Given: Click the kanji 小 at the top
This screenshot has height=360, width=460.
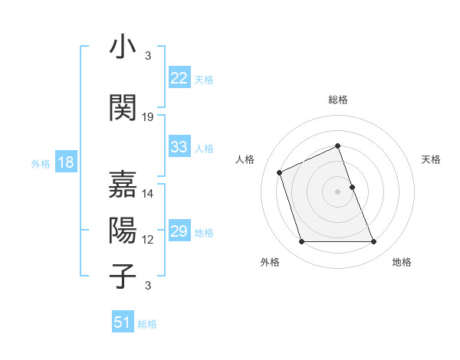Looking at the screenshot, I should tap(123, 48).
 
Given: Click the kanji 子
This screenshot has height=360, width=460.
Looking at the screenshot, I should tap(123, 277).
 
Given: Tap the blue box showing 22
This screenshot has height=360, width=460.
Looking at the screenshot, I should tap(179, 77).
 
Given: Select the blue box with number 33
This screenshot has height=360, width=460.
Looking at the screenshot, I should tap(179, 147).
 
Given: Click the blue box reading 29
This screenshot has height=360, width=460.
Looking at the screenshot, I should tap(179, 231).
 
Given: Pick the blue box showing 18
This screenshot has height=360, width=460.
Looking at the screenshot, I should tap(65, 162).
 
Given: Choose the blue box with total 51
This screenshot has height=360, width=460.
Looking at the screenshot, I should tap(123, 322).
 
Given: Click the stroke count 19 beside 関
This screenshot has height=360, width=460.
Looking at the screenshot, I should tap(148, 117).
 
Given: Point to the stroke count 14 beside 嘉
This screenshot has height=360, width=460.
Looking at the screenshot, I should tap(148, 194).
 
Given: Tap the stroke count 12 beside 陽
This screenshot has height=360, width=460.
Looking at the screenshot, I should tap(148, 240).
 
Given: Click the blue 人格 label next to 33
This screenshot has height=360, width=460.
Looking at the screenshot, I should tap(204, 148).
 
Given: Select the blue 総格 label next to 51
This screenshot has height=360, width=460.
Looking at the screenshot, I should tap(147, 324).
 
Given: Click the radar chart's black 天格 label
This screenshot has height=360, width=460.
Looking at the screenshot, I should tap(431, 159).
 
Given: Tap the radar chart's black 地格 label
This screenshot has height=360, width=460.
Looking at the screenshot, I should tap(402, 262).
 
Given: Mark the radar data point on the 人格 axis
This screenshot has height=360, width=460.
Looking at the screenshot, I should tap(280, 172).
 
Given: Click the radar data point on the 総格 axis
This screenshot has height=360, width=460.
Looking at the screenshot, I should tap(337, 146).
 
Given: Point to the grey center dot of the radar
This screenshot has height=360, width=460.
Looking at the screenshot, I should tap(337, 191).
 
